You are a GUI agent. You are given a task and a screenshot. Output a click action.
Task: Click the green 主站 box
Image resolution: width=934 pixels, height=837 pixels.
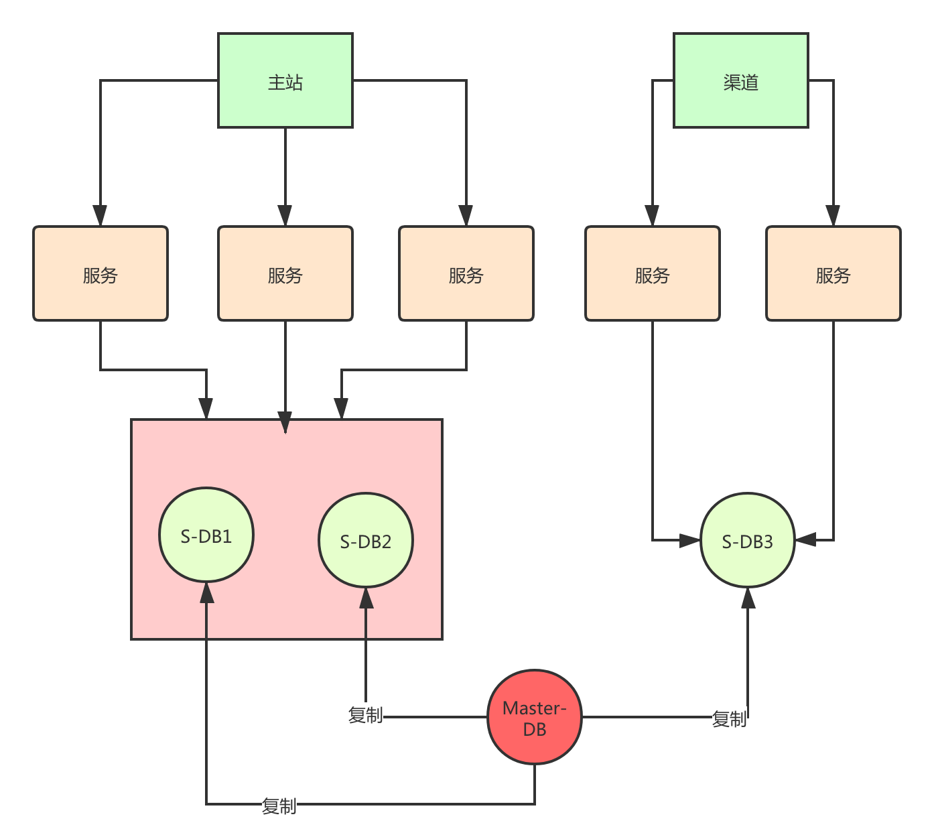point(285,80)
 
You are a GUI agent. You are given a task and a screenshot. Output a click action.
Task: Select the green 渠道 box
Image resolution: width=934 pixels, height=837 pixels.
point(740,80)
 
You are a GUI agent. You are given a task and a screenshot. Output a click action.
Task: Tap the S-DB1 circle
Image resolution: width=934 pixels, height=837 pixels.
point(206,535)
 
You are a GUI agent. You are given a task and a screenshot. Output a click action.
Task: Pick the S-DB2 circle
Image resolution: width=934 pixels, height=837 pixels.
point(366,540)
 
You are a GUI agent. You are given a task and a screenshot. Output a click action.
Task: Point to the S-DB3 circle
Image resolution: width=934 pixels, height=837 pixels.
point(747,540)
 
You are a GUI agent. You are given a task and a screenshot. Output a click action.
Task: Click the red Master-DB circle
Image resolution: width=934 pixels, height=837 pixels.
point(534,716)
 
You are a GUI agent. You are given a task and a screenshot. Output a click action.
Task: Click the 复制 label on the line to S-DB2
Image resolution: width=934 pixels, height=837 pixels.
point(366,715)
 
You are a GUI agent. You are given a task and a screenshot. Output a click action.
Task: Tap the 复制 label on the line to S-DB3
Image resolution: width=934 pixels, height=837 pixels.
point(729,718)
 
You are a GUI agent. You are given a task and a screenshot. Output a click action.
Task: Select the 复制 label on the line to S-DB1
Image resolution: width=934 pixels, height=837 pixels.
point(279,806)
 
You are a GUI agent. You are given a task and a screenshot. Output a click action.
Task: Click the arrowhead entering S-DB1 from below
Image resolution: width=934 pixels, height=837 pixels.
point(206,592)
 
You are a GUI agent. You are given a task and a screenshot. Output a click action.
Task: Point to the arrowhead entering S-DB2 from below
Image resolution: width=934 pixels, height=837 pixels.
point(366,598)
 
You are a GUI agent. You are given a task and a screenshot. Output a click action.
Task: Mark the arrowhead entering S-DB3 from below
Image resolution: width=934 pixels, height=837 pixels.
point(748,598)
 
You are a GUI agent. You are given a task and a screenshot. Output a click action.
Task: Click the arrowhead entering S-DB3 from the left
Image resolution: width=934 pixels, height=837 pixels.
point(689,540)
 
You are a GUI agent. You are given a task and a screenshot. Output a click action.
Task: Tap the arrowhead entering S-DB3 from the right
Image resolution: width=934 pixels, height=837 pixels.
point(805,539)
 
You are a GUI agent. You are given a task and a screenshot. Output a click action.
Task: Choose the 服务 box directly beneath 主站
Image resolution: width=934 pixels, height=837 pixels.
point(285,273)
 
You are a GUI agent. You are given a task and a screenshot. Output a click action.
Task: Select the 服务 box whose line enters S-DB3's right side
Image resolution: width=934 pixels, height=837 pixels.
point(833,273)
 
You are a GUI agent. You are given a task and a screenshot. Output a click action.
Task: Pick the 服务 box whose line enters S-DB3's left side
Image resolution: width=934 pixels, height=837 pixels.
point(652,273)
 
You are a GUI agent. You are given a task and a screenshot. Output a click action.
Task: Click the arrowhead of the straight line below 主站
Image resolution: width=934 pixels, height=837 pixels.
point(285,215)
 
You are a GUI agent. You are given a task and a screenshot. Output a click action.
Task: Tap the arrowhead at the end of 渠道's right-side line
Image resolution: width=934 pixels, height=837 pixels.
point(833,215)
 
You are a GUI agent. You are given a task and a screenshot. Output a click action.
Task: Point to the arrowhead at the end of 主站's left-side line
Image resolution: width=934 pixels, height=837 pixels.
point(100,215)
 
